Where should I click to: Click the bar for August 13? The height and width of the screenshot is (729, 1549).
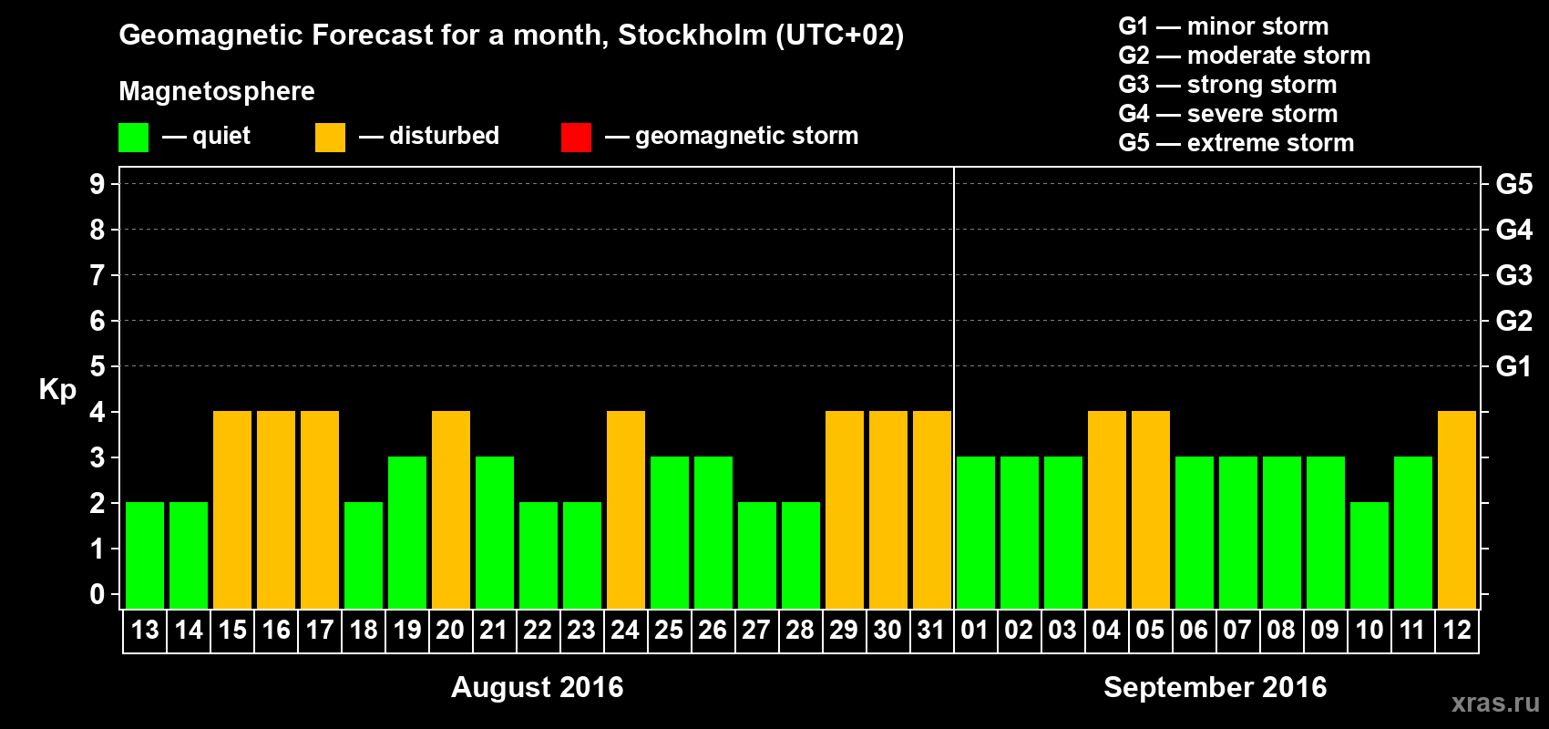click(x=145, y=555)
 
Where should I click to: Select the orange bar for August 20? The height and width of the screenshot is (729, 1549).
click(x=451, y=509)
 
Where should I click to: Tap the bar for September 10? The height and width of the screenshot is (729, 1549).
click(x=1369, y=555)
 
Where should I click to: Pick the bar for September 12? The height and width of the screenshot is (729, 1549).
click(x=1457, y=509)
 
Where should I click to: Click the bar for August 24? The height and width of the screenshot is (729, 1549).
click(x=626, y=509)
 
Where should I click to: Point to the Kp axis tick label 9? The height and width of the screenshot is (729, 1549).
click(x=97, y=184)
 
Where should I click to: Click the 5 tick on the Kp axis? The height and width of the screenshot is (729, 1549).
click(x=97, y=366)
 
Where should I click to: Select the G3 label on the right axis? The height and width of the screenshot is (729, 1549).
click(x=1513, y=275)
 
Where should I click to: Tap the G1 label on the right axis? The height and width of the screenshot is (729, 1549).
click(x=1513, y=366)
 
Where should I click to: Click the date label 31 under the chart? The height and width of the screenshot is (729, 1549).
click(x=931, y=630)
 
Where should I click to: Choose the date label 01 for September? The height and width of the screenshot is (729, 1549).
click(x=975, y=630)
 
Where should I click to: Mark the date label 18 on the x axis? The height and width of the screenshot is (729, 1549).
click(x=364, y=630)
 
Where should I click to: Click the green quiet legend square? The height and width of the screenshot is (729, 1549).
click(x=134, y=138)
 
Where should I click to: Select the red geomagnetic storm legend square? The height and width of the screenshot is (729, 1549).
click(x=576, y=138)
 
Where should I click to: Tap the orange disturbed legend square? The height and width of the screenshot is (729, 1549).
click(x=330, y=138)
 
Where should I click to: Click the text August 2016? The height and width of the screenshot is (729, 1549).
click(x=538, y=687)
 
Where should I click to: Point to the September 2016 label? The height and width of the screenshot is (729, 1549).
click(x=1215, y=687)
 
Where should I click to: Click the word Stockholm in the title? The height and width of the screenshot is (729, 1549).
click(x=692, y=36)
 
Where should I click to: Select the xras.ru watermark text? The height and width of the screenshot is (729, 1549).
click(x=1494, y=703)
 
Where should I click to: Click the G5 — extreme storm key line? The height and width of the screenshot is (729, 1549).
click(x=1236, y=143)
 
